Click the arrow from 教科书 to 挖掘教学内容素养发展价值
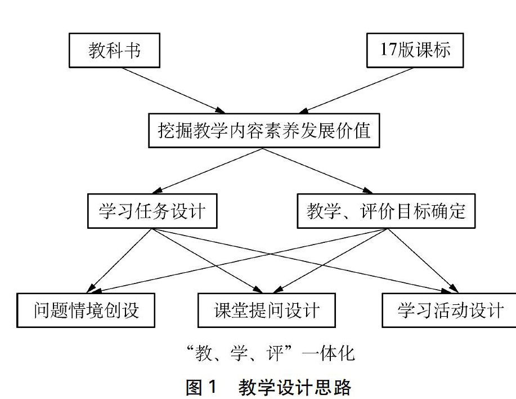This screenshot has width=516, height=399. point(174,91)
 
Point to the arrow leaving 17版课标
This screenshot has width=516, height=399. point(356,91)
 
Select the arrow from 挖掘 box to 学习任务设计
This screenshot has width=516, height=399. point(207,171)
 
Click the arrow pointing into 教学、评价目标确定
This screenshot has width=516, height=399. point(317,171)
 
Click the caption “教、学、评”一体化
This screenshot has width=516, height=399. point(271,353)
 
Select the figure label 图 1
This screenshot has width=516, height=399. point(201,387)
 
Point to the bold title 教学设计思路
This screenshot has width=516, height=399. point(295,387)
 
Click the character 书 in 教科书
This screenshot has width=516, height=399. point(132,50)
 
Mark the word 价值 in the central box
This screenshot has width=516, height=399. point(353,131)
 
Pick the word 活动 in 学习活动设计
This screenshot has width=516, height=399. point(450,311)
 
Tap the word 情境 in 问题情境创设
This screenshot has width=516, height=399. point(86,311)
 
